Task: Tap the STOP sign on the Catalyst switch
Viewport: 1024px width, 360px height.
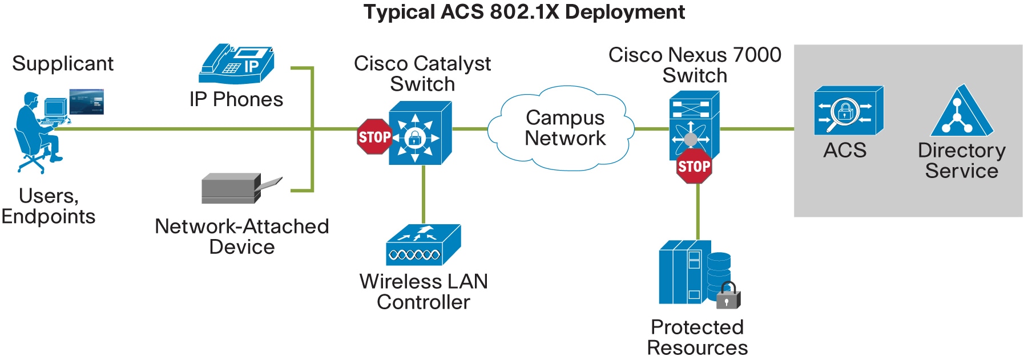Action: coord(374,137)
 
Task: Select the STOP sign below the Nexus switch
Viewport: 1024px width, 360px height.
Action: coord(694,166)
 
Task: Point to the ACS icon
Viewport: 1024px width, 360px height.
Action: coord(848,111)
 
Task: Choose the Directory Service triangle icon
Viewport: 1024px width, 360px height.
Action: coord(962,112)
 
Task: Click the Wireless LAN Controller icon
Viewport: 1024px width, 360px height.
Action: coord(423,245)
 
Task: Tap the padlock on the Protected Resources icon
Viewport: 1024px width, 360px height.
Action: coord(728,296)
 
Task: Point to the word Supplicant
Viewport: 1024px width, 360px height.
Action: coord(63,63)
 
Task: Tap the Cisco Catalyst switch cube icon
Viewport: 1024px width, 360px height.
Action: coord(420,134)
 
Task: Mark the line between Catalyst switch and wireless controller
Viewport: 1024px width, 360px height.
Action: coord(423,194)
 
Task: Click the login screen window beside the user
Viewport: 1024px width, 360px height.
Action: coord(86,102)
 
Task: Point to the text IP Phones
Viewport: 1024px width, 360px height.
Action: coord(236,99)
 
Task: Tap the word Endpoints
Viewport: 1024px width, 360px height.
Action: coord(49,217)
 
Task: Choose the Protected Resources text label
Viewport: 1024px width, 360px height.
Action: coord(697,337)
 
